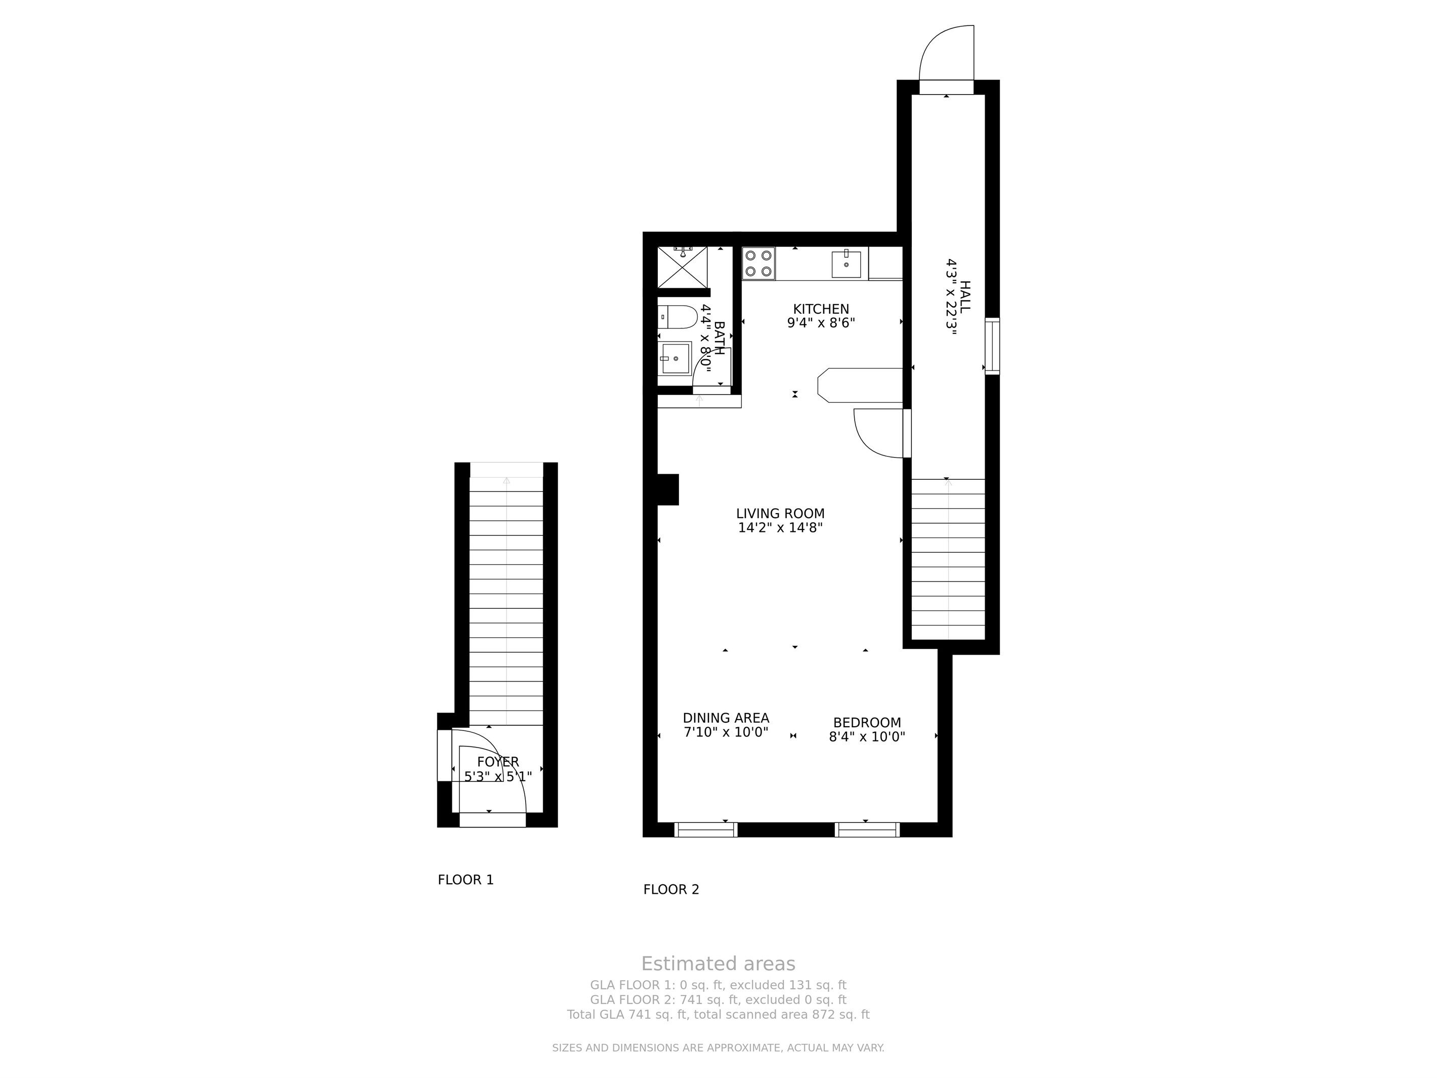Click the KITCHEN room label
[x=821, y=309]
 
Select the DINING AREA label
[x=726, y=718]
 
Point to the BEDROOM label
[x=867, y=723]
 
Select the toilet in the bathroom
[x=677, y=317]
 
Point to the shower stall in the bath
[x=684, y=267]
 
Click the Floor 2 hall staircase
[x=948, y=559]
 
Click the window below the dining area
[x=705, y=830]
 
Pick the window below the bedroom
[x=867, y=830]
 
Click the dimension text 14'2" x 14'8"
[x=780, y=528]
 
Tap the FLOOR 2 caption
[x=671, y=890]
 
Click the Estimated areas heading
[x=718, y=964]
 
